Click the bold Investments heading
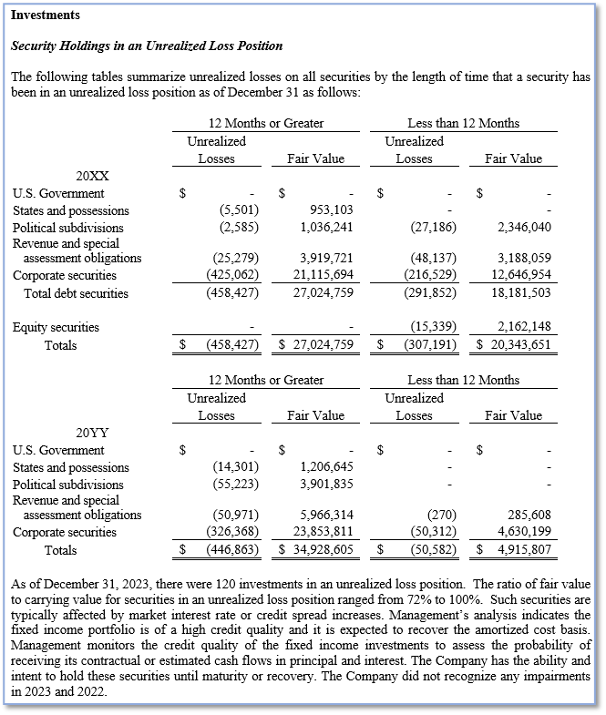[45, 15]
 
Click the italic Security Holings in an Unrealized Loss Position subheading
[146, 46]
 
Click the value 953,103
[327, 210]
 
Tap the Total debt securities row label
[76, 293]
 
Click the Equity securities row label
[56, 327]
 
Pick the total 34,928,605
[322, 550]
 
